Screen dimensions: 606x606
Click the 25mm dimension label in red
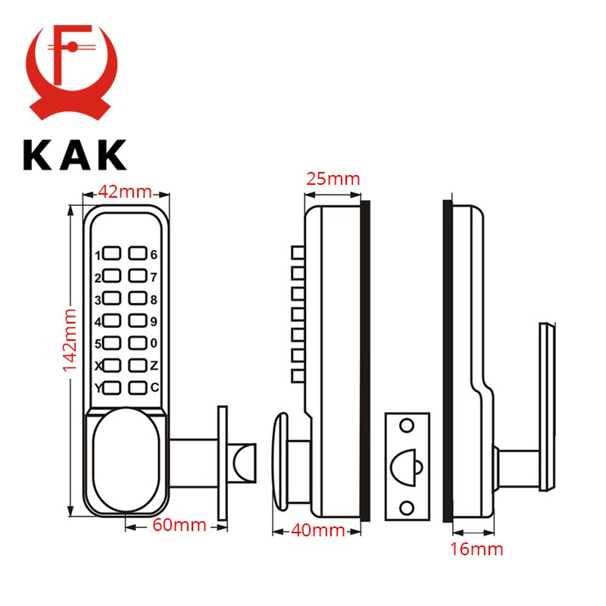[x=333, y=180]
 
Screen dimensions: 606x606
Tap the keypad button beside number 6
[x=137, y=255]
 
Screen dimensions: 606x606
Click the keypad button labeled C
[x=137, y=389]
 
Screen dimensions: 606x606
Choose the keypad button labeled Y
[x=112, y=389]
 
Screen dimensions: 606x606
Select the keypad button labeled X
[x=112, y=366]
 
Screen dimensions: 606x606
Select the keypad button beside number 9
[x=137, y=321]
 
